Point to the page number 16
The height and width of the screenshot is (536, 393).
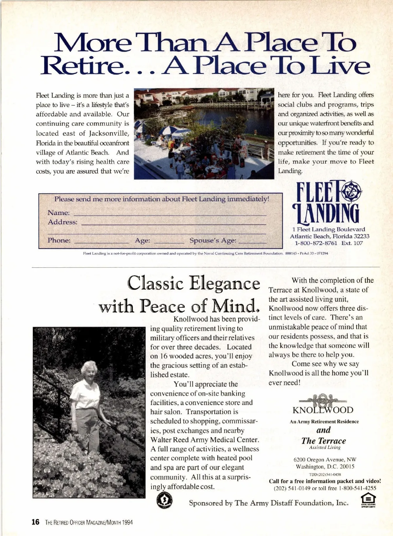click(35, 522)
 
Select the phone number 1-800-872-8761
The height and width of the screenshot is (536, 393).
click(316, 243)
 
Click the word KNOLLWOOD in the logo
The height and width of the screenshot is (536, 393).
click(323, 410)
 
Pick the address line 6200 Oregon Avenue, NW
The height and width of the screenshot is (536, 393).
click(325, 459)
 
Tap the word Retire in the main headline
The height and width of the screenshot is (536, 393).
click(81, 66)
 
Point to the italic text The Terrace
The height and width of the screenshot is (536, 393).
click(323, 441)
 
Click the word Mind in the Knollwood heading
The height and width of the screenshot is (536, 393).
click(233, 306)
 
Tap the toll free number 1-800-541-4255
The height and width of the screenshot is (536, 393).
click(358, 488)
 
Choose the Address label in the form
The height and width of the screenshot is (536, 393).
click(63, 222)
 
